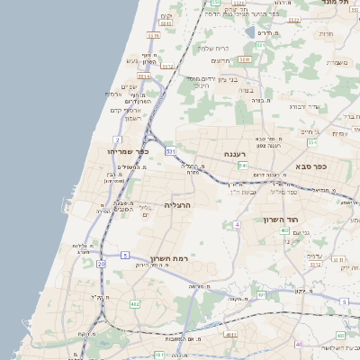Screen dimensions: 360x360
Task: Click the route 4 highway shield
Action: (x=236, y=223)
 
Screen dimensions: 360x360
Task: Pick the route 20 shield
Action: (x=102, y=265)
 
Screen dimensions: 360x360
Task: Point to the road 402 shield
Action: (x=284, y=231)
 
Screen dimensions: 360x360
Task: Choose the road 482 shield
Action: (x=134, y=304)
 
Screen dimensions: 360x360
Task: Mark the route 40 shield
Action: (x=298, y=344)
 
